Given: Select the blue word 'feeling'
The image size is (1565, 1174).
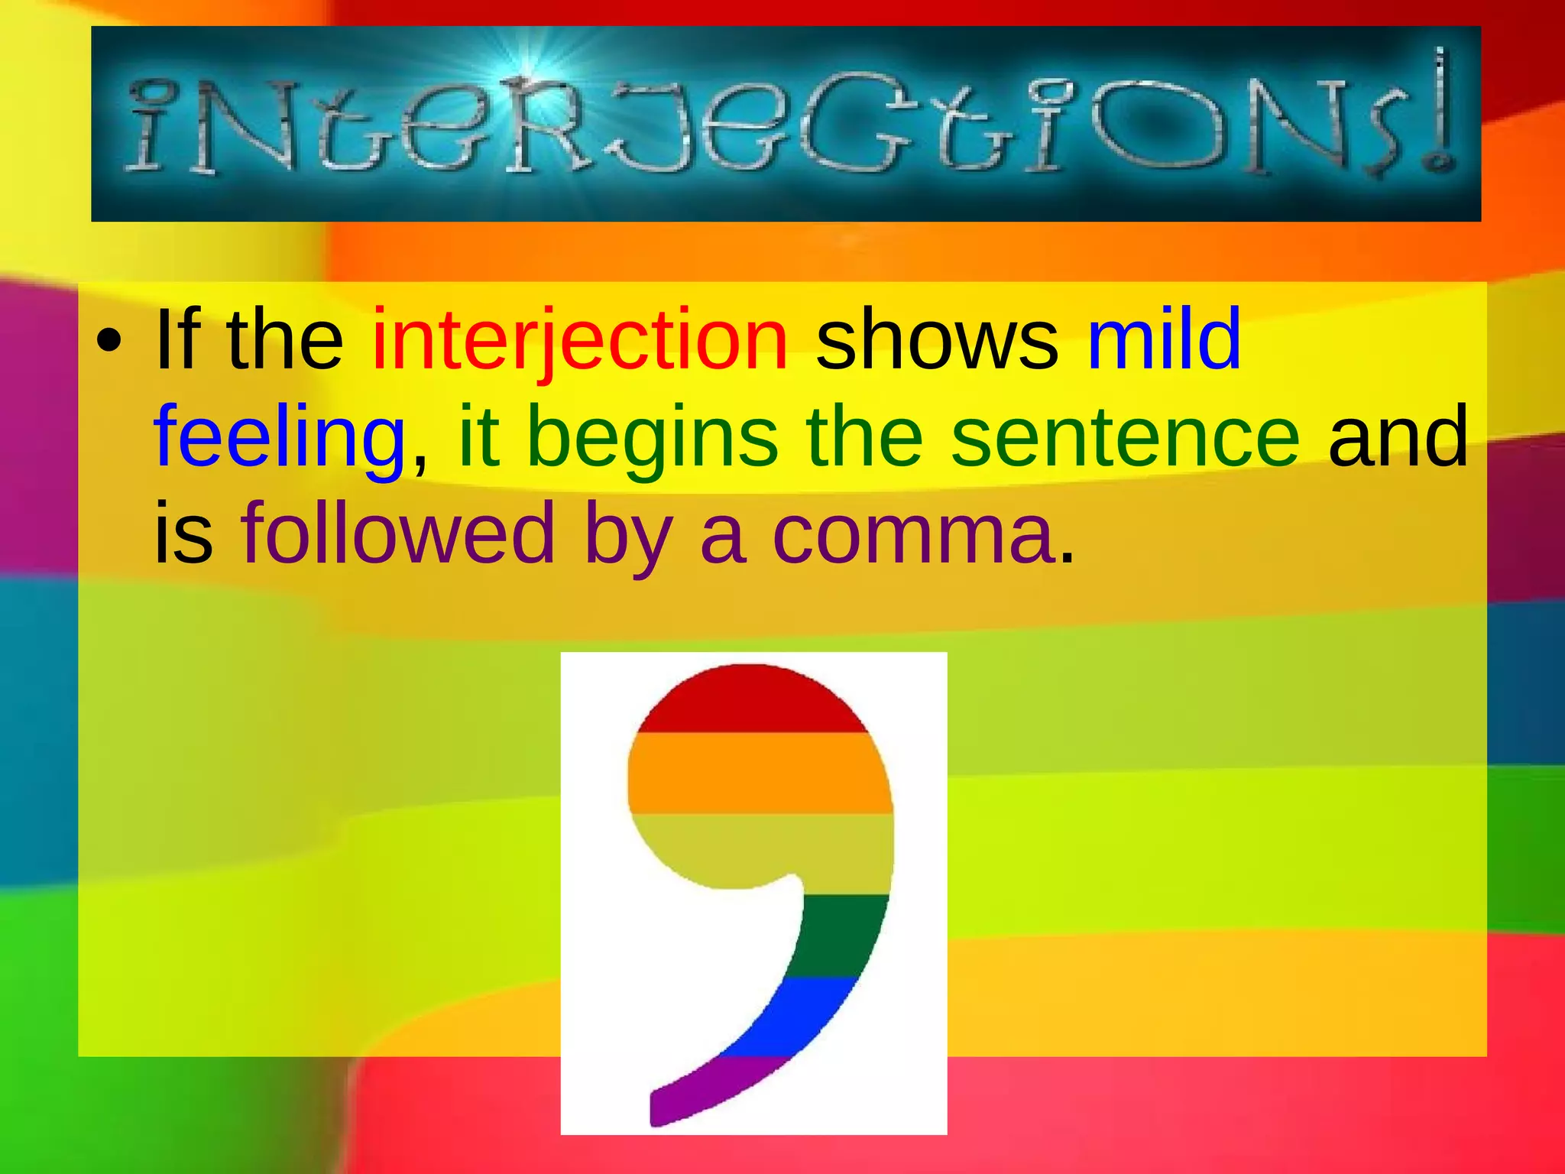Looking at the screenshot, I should coord(279,436).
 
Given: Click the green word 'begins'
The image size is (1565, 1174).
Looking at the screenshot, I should coord(652,436).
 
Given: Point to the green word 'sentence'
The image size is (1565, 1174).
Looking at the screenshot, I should coord(1125,436).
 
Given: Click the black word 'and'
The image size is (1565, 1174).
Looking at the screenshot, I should coord(1398,436).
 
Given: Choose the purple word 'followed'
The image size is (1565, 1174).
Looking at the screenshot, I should coord(397,533).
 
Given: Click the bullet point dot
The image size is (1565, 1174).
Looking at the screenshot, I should coord(109,342).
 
